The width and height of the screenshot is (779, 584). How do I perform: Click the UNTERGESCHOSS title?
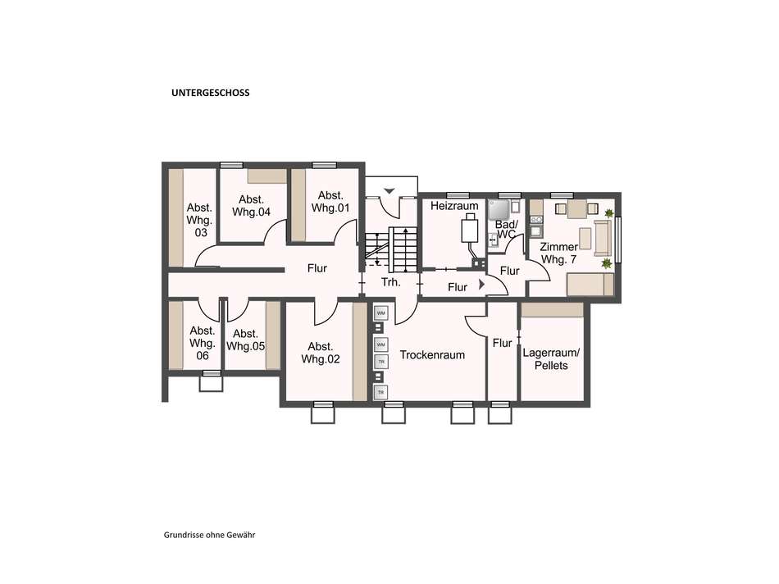click(x=210, y=93)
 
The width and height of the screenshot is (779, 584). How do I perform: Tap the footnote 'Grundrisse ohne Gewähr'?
click(x=209, y=536)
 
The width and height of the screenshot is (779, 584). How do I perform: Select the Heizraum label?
click(x=454, y=206)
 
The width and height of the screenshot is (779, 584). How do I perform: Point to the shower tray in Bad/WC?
click(x=499, y=210)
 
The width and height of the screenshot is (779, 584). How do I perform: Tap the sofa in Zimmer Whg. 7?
click(x=604, y=239)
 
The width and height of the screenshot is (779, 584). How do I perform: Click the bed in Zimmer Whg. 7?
click(x=590, y=285)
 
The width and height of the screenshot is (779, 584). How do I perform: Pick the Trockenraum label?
click(x=432, y=355)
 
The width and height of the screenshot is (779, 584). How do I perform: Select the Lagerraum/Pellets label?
click(x=551, y=359)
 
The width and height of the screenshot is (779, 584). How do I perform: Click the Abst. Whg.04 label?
click(x=252, y=206)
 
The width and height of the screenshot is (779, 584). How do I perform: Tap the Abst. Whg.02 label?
click(x=321, y=353)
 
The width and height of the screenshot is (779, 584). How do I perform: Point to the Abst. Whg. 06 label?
click(x=203, y=343)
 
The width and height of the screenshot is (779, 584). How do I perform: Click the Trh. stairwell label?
click(x=390, y=282)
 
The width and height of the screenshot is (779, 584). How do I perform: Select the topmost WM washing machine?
click(x=381, y=313)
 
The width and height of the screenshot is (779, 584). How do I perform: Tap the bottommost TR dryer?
click(x=381, y=392)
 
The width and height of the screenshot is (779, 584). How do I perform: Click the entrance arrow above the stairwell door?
click(x=389, y=191)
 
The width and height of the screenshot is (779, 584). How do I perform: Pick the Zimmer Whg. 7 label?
click(x=559, y=253)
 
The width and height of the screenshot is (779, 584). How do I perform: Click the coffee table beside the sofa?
click(x=585, y=238)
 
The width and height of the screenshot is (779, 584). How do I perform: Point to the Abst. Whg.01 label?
click(x=330, y=202)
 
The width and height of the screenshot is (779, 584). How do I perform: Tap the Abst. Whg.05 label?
click(x=245, y=340)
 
